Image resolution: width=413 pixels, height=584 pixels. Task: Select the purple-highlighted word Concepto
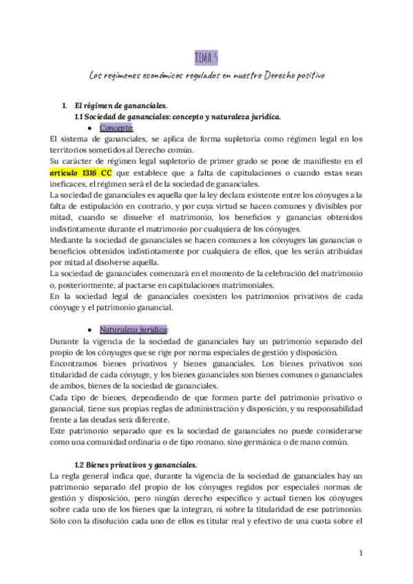(x=116, y=128)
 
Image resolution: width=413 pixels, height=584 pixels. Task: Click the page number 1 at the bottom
(x=361, y=553)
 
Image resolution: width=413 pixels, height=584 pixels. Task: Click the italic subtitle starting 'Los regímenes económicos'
(x=206, y=74)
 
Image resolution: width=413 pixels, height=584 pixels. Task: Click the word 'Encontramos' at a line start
(x=76, y=363)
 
